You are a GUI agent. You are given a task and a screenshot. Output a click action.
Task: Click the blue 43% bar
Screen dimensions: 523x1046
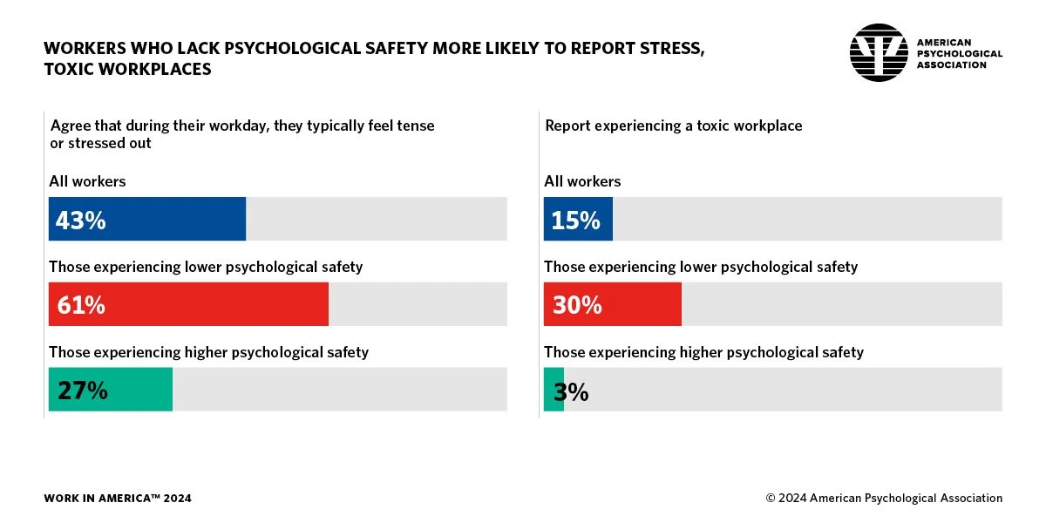click(x=147, y=219)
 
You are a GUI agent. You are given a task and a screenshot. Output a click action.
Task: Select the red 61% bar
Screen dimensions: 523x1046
click(x=188, y=304)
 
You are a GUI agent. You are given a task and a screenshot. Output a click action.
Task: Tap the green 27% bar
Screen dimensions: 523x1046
click(x=111, y=390)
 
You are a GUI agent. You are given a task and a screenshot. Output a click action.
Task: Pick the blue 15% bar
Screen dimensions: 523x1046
click(x=578, y=219)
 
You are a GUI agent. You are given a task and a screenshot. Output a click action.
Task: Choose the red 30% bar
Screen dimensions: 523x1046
click(x=612, y=304)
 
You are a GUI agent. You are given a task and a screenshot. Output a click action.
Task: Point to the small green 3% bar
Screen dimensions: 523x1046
click(x=554, y=390)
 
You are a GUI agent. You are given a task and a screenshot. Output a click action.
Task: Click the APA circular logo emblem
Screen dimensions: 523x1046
click(x=879, y=53)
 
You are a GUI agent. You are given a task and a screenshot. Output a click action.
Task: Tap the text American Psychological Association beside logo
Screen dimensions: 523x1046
click(x=959, y=53)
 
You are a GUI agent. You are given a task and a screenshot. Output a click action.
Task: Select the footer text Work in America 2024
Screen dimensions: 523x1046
click(x=118, y=499)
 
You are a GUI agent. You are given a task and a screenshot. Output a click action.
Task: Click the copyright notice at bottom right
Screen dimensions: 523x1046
click(x=884, y=499)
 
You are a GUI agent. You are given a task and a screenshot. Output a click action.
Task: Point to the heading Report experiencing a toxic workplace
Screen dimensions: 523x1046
click(x=673, y=126)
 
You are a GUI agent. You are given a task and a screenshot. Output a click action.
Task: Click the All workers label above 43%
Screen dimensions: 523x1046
click(x=87, y=181)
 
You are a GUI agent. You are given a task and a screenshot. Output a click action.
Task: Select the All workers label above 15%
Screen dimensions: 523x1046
click(x=582, y=181)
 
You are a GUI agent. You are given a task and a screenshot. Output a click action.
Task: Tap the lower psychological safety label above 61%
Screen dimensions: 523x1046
click(x=206, y=267)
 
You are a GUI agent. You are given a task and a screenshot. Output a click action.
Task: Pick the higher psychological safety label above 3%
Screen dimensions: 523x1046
click(x=703, y=352)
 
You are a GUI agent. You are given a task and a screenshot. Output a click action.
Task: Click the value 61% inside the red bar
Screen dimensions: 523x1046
click(x=81, y=305)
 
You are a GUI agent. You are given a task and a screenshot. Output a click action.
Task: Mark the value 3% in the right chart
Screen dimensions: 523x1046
click(x=571, y=391)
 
